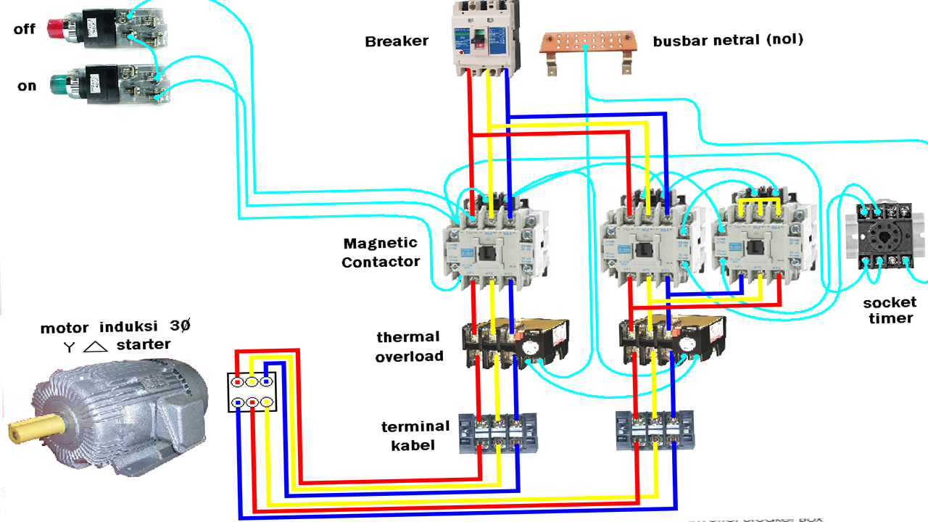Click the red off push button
click(x=56, y=28)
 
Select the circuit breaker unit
click(x=483, y=38)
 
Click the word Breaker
click(x=397, y=41)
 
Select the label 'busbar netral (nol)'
click(x=728, y=41)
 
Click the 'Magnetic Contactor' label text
click(x=381, y=252)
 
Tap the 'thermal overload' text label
click(x=409, y=347)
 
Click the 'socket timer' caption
click(x=889, y=310)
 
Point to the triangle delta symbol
click(x=95, y=347)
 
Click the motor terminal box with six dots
click(x=252, y=391)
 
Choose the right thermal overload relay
click(x=671, y=337)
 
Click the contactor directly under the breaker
click(x=493, y=245)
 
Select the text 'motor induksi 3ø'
click(x=115, y=327)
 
